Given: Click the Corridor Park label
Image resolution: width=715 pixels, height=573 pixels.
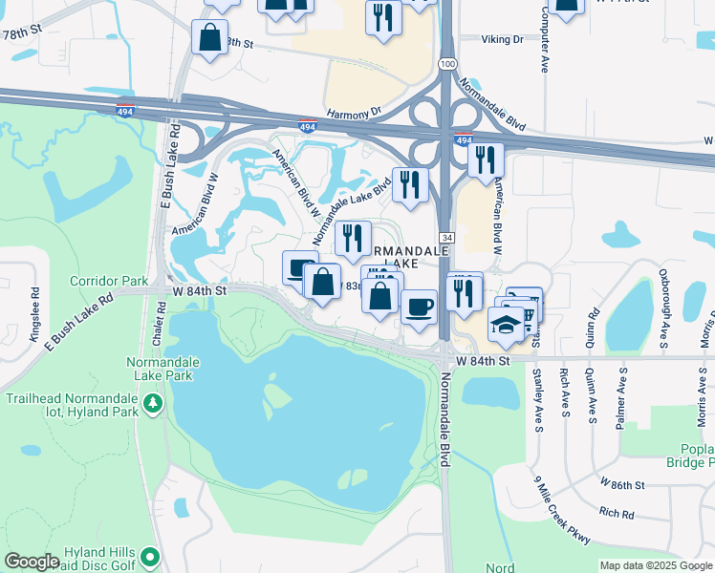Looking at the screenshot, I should click(109, 282).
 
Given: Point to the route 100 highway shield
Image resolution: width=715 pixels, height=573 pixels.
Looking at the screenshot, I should click(447, 63).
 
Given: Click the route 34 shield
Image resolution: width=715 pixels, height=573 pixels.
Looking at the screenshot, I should click(446, 237).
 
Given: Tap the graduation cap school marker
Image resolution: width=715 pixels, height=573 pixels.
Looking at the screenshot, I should click(506, 325).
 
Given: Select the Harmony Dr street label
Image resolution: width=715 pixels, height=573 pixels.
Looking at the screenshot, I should click(354, 112).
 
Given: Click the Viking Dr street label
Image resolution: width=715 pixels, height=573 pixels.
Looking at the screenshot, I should click(504, 40).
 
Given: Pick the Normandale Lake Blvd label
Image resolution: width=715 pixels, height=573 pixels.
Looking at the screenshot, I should click(353, 202).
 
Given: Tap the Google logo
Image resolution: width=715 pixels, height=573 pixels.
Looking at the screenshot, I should click(32, 562).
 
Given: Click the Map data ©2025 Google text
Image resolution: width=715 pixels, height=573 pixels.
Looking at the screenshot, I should click(656, 565).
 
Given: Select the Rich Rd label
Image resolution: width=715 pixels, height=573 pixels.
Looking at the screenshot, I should click(617, 514).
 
